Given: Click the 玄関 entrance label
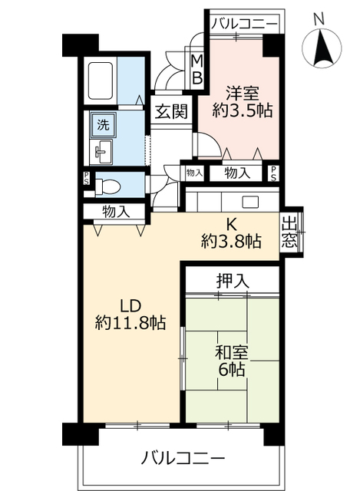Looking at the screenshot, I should tap(168, 111).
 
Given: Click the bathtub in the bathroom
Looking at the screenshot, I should tap(102, 78).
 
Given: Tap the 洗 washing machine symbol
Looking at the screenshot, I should tap(101, 124).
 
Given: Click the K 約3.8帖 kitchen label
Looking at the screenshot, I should tap(230, 233).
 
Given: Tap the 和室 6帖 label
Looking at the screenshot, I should tap(231, 361).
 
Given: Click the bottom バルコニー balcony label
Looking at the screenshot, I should tap(182, 460).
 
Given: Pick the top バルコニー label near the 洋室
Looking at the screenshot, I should tap(244, 25).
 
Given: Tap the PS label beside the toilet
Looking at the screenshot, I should tap(86, 180).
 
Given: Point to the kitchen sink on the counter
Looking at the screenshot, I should tap(250, 202).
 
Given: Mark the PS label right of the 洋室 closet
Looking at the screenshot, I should tap(274, 173).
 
